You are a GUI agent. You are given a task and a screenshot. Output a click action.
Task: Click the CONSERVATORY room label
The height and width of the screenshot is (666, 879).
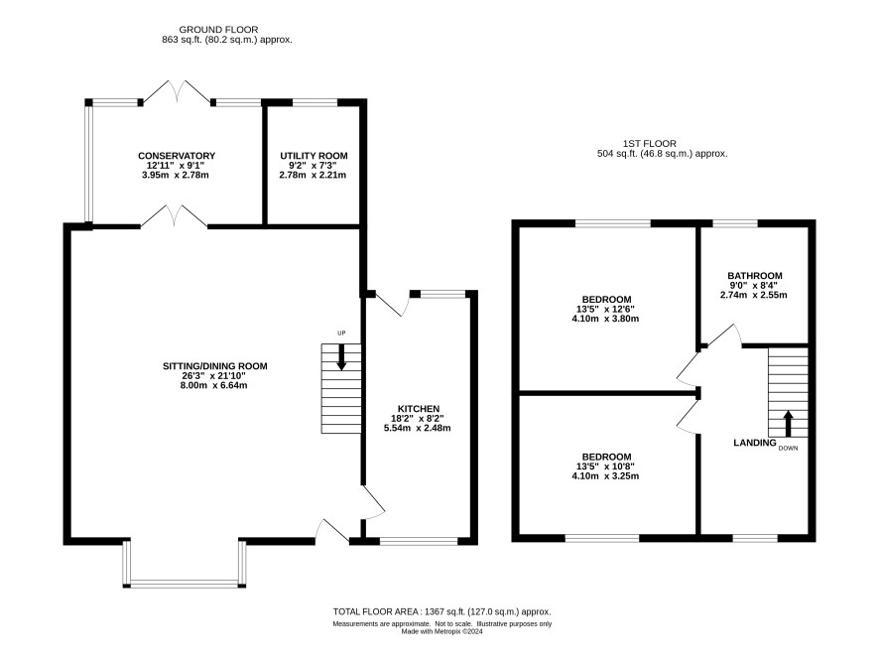(177, 156)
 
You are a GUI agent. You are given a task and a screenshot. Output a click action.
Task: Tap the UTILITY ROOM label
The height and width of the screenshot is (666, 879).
(314, 156)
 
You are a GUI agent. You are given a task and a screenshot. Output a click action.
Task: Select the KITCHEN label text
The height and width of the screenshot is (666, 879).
(419, 409)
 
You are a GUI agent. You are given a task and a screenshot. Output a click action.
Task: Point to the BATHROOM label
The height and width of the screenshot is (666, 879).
(755, 276)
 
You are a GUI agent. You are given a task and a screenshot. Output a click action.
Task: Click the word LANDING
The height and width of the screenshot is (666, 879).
(755, 443)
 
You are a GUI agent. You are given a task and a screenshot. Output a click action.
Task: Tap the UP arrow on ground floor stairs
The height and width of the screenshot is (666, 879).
(341, 357)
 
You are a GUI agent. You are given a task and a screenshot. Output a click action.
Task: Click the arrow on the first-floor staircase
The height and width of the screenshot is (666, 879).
(788, 424)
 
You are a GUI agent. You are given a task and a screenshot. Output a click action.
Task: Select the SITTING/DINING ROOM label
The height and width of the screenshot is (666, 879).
(214, 366)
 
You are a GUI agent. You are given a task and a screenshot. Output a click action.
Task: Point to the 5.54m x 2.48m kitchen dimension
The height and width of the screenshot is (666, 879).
(417, 429)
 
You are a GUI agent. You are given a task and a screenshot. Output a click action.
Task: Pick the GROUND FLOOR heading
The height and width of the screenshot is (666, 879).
(218, 30)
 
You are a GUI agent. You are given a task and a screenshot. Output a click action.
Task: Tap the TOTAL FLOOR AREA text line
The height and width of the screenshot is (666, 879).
(442, 612)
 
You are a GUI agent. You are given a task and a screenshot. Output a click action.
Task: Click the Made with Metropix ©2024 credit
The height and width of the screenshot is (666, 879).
(441, 632)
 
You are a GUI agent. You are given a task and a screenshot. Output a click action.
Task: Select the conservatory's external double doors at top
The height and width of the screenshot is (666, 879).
(177, 91)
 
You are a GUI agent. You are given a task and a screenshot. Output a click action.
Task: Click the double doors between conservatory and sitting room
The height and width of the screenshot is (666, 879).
(174, 217)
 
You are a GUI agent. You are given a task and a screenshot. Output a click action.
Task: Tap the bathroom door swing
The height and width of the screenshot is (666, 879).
(723, 335)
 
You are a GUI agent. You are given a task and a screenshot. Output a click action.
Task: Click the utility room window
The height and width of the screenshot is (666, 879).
(315, 102)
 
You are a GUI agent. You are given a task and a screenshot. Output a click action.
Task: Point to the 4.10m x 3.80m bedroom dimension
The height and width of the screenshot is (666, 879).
(605, 319)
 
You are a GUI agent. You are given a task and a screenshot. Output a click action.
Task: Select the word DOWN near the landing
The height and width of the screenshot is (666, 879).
(788, 449)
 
